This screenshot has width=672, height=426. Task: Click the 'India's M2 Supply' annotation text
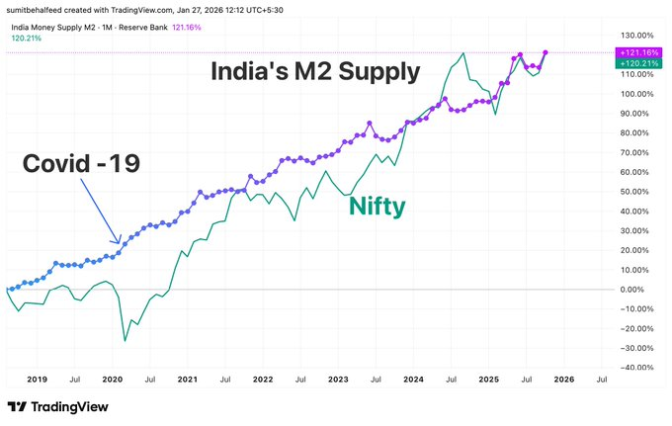314,71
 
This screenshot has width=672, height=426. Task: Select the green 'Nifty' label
377,208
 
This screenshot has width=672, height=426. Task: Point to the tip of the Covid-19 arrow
121,242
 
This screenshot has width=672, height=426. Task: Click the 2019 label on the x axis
37,379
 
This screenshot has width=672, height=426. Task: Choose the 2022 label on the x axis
263,379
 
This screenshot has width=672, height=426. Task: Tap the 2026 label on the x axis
563,379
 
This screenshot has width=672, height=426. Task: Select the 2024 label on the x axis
413,379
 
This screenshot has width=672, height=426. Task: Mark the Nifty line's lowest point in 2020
125,341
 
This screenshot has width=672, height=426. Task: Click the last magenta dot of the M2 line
546,52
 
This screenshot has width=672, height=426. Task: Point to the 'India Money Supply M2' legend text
59,27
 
